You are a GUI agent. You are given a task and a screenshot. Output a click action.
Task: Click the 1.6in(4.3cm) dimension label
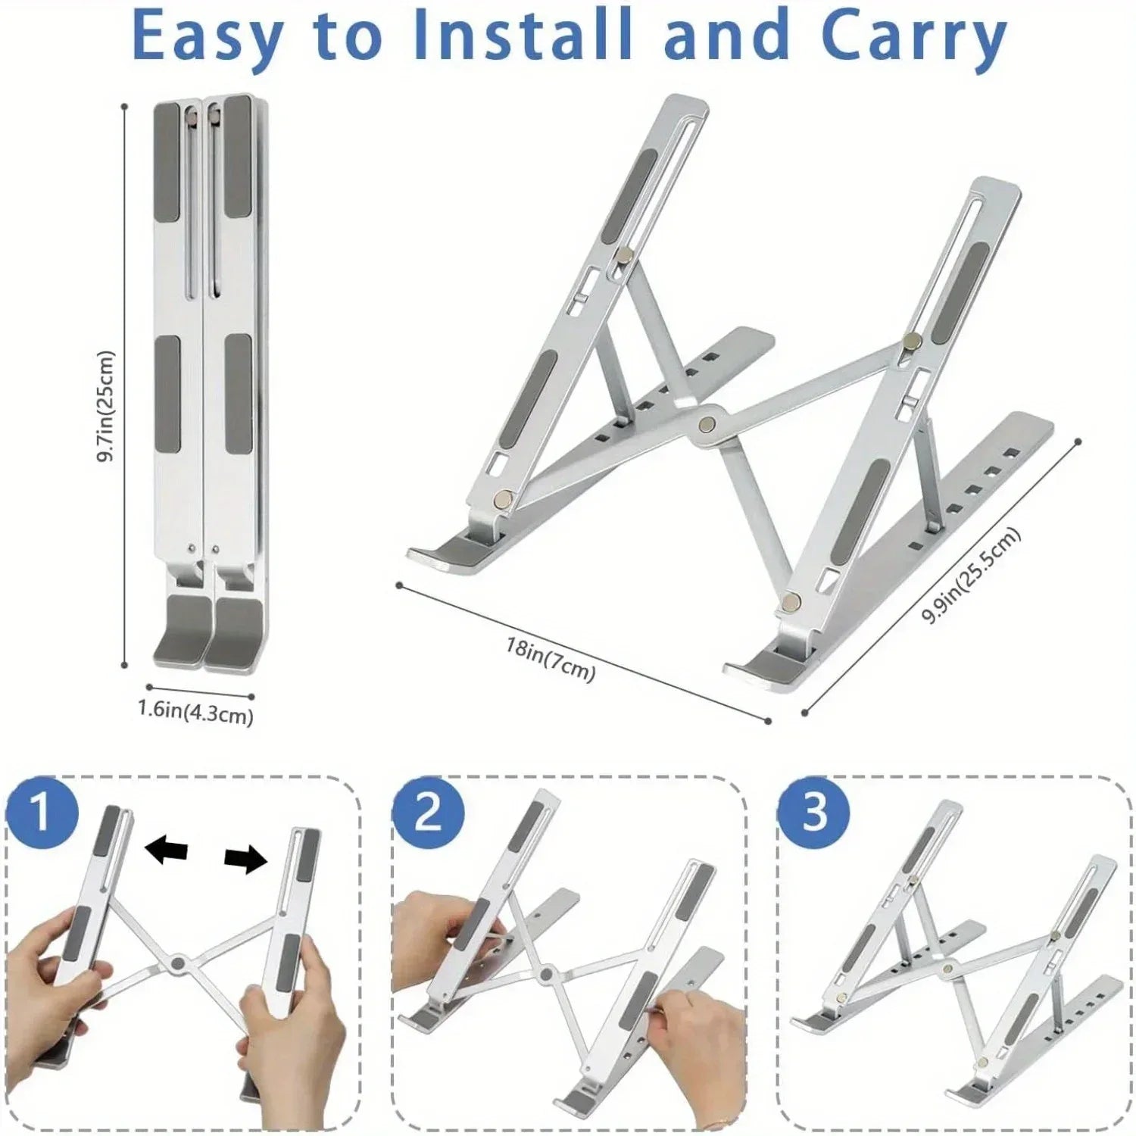click(195, 712)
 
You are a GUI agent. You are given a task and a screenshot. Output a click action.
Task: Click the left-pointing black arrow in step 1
click(166, 850)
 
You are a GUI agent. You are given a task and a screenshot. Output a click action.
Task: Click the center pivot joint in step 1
click(179, 963)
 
